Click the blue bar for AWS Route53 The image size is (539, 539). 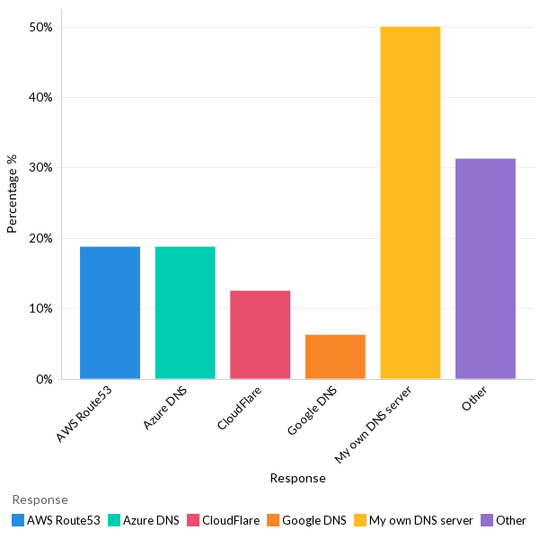point(110,313)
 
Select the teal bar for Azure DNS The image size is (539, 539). point(185,313)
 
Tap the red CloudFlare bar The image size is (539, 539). point(260,334)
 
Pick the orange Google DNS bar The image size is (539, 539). point(335,357)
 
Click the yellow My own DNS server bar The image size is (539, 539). point(411,203)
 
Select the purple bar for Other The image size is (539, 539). point(485,269)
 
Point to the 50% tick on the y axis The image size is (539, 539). point(41,27)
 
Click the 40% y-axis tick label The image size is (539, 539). point(41,98)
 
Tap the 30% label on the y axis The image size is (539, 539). point(41,168)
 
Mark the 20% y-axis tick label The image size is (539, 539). point(41,239)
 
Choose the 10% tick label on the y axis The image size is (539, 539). point(41,309)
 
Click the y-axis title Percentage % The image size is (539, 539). point(13,194)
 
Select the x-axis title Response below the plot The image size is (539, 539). point(297,479)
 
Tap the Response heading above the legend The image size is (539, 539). point(40,499)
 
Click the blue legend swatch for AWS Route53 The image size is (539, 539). point(18,520)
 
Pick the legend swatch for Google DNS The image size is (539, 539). point(273,520)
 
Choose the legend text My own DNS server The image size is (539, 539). point(420,520)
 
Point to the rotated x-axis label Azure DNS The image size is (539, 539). point(165,410)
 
